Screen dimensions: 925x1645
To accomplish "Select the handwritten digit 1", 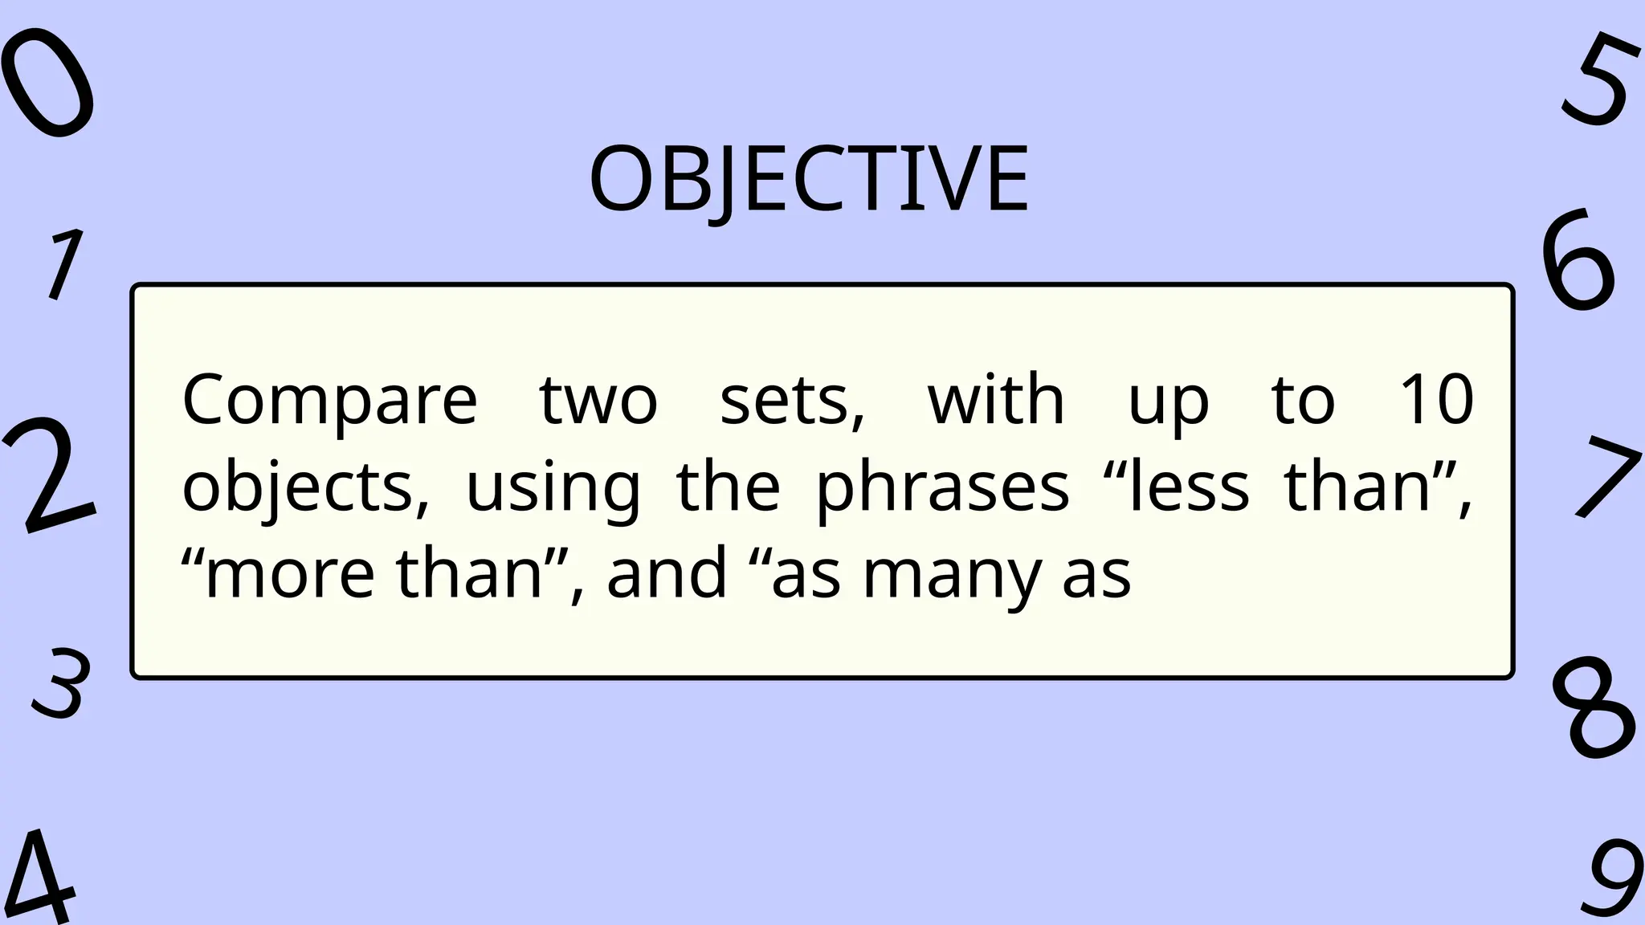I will pos(64,263).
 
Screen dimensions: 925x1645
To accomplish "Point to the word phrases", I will pos(943,487).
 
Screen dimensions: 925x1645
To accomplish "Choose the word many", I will pos(952,575).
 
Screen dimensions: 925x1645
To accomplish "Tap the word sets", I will pos(792,401).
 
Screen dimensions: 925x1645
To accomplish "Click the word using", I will pos(553,489).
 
